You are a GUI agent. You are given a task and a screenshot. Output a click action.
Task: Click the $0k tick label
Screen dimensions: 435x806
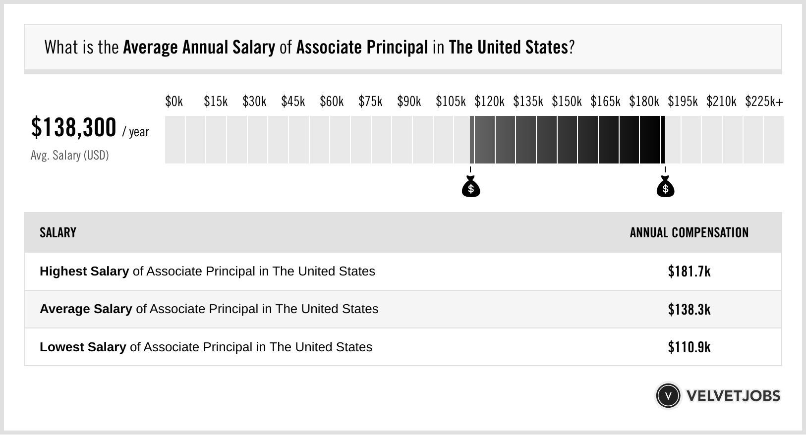(174, 102)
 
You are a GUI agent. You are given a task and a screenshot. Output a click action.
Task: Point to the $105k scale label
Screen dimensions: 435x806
(451, 102)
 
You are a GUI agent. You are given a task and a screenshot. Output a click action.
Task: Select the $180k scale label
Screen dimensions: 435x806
(644, 102)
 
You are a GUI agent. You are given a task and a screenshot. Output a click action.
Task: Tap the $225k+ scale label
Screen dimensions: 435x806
(764, 102)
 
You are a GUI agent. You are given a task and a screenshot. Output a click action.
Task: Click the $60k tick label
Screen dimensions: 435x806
(332, 102)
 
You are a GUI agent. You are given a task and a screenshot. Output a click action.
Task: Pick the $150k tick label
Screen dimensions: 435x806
(567, 102)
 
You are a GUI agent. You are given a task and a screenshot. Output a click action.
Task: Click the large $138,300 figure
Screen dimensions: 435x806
(74, 128)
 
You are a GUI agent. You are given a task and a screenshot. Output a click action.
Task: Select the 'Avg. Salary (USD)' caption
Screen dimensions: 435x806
(70, 156)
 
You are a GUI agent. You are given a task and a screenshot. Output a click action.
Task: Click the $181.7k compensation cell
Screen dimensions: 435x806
(689, 272)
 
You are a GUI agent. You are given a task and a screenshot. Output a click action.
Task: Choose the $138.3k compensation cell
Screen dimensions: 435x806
(689, 309)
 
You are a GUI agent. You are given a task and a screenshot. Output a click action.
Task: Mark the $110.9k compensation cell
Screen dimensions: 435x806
(689, 347)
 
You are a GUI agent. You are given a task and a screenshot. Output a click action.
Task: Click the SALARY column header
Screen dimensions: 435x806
(58, 233)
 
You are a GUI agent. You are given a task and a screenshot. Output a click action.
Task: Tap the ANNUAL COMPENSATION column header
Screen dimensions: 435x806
(689, 233)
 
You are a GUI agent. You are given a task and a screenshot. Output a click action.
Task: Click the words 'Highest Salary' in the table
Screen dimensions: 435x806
(84, 272)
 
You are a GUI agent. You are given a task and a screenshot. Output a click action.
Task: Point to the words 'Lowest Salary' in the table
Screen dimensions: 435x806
(83, 347)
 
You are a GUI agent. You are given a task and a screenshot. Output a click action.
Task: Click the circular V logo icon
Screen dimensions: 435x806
(668, 396)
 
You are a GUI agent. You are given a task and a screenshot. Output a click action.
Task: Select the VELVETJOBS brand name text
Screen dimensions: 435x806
(733, 396)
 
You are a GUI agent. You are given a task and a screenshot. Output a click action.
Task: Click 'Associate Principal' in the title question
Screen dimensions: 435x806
(362, 48)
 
